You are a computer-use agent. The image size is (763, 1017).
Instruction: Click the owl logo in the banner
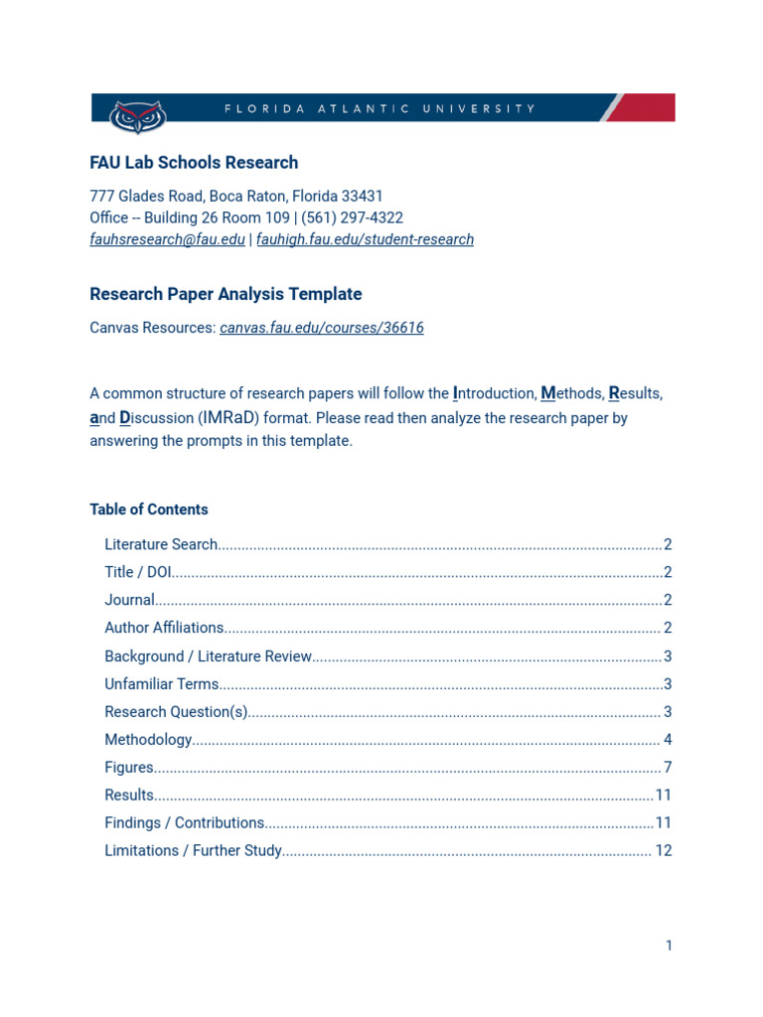tap(137, 115)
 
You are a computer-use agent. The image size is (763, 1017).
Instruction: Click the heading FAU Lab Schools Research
tap(194, 163)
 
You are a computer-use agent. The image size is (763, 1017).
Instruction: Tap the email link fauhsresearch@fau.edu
tap(167, 239)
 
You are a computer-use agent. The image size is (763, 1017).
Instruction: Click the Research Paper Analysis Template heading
tap(226, 294)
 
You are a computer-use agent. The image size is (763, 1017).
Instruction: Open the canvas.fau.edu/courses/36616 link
tap(322, 328)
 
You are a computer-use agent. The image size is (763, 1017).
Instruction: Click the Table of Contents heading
tap(149, 509)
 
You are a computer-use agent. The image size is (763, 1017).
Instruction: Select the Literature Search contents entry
tap(161, 544)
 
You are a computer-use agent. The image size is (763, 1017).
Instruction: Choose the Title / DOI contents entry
tap(138, 572)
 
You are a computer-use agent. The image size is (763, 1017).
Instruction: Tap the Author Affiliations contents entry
tap(164, 628)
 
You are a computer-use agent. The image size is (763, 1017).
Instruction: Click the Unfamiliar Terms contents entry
tap(161, 684)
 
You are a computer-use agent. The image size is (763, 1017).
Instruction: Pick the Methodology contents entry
tap(148, 740)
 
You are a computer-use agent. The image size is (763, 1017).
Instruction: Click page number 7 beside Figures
tap(668, 768)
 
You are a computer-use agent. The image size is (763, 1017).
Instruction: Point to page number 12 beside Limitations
tap(664, 851)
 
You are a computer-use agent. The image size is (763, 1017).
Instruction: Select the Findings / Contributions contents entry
tap(185, 823)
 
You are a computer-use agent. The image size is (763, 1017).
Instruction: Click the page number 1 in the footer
tap(669, 945)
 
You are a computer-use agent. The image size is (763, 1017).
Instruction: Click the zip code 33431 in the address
tap(363, 197)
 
